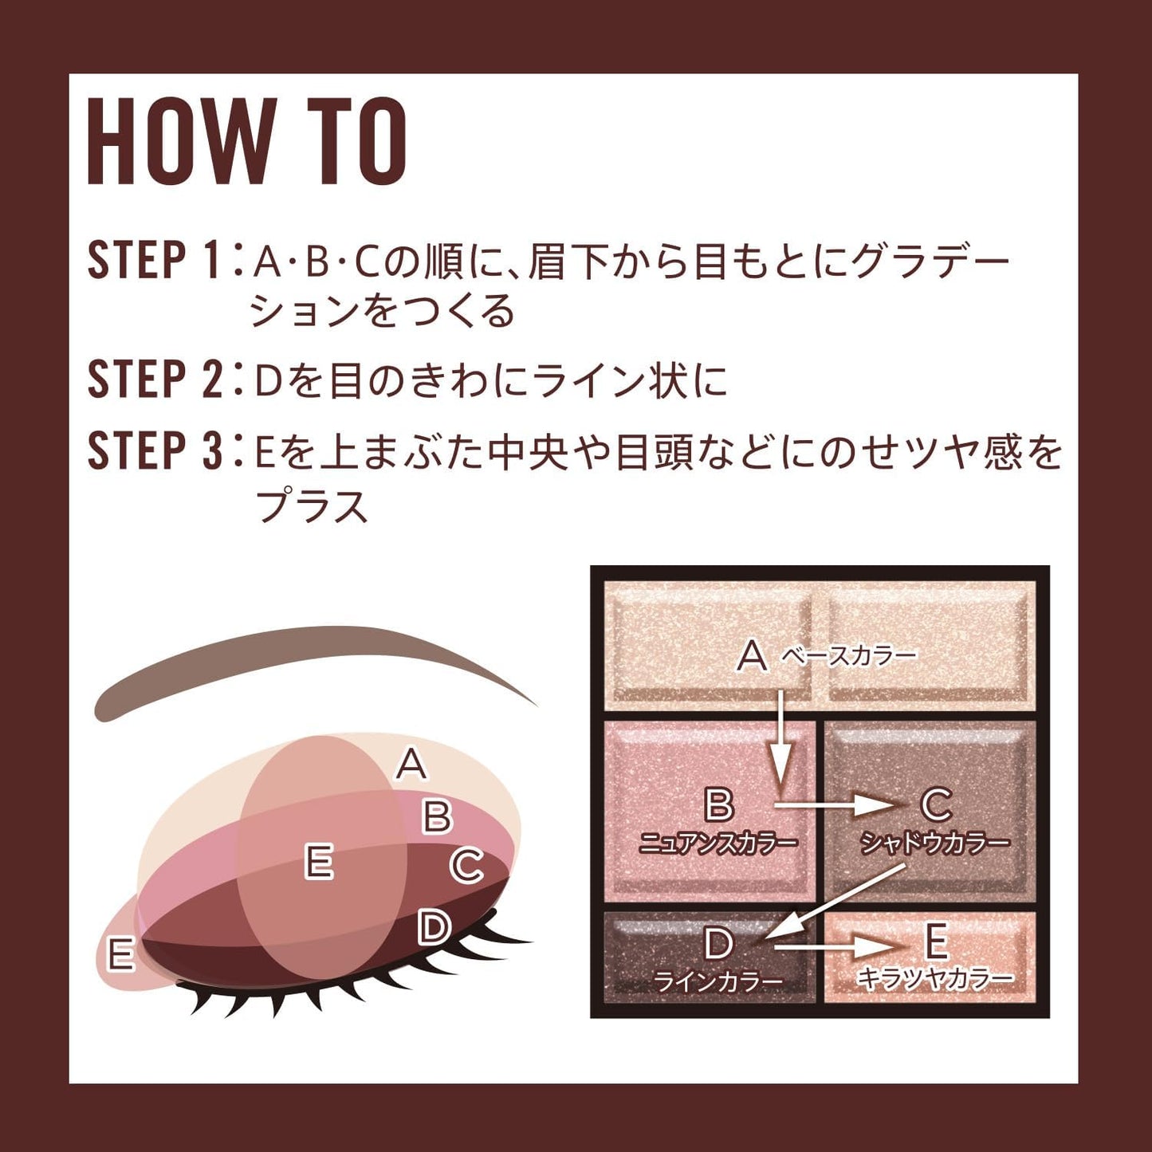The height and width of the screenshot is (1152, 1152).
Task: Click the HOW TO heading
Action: pos(247,142)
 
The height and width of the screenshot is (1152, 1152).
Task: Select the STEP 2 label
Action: pos(155,379)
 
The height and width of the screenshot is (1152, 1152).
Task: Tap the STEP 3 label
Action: pos(155,450)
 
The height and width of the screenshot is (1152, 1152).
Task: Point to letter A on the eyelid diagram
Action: pos(411,764)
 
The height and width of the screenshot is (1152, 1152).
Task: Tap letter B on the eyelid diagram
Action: pos(437,816)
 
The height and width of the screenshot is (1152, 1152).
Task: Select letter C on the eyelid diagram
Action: pos(466,866)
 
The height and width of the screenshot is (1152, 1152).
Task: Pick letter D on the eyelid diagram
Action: pos(434,927)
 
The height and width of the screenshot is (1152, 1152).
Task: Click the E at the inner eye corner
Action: pos(120,955)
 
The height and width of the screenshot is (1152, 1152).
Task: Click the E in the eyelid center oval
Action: pos(319,863)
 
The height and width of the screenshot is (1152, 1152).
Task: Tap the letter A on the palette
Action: pos(752,656)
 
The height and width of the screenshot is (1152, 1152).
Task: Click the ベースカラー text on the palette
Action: pos(849,656)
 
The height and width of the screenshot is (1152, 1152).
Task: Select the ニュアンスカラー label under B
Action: pos(718,843)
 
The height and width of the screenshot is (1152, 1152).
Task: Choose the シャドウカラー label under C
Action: pos(934,843)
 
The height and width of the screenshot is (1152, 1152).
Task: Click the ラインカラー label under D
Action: pos(718,981)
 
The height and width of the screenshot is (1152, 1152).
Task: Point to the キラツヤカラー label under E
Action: pos(935,978)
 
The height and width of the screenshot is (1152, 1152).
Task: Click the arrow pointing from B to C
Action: pos(837,804)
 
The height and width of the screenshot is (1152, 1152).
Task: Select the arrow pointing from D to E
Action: pos(837,947)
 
